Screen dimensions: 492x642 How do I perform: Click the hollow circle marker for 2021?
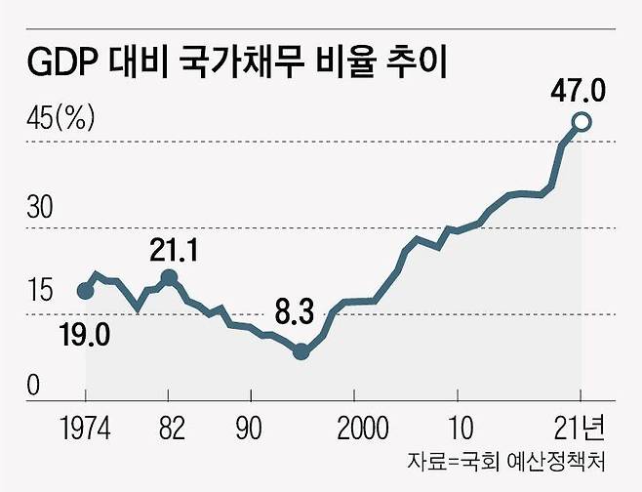coord(582,122)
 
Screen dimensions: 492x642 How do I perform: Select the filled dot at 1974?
coord(86,290)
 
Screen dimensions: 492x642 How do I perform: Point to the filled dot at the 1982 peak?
coord(168,278)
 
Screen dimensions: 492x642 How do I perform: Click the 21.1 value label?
coord(175,251)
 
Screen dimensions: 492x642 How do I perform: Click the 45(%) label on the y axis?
coord(60,119)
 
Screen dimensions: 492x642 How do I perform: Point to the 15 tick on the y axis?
coord(41,291)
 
